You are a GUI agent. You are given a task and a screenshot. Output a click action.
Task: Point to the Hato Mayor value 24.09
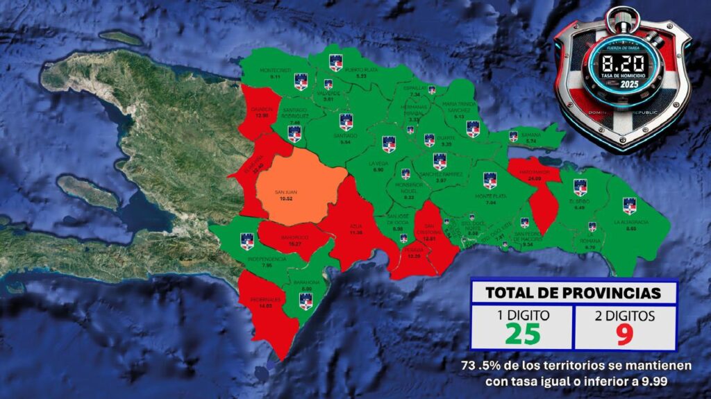pos(534,179)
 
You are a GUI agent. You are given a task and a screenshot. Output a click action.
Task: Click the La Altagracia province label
pos(630,222)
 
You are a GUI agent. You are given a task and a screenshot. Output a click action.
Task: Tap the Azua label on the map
pos(357,226)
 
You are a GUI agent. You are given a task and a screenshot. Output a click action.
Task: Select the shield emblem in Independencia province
pos(247,241)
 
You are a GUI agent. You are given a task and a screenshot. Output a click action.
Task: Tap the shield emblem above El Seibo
pos(580,187)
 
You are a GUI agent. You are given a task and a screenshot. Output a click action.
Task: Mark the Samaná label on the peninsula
pos(531,135)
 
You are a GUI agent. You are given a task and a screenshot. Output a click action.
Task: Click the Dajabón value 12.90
pos(261,115)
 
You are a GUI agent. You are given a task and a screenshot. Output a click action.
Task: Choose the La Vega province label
pos(378,164)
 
